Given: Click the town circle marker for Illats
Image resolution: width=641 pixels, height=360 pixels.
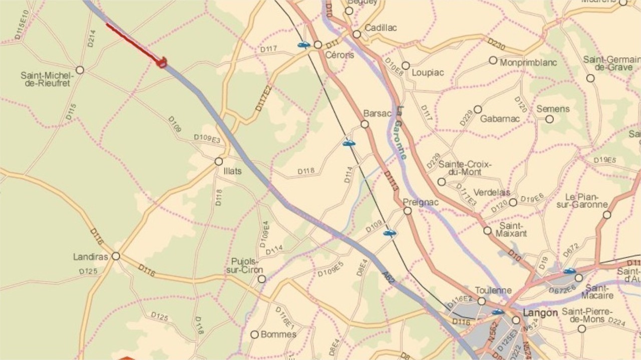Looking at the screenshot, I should pos(218,162).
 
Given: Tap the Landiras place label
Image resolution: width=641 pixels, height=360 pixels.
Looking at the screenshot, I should pos(91,257).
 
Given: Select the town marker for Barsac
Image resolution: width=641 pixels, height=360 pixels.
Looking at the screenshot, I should pos(365,124).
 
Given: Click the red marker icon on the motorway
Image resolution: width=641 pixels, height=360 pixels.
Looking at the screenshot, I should pos(162,63).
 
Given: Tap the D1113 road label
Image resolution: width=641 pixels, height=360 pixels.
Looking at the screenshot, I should pos(392,181).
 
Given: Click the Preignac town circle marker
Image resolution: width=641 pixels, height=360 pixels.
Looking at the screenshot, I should pos(408,211).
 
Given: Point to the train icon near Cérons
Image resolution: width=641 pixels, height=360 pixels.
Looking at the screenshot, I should pos(303,45).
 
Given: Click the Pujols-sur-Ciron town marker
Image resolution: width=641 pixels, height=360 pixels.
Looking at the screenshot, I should pos(261,279).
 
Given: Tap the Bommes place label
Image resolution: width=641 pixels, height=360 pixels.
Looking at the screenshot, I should pos(278,334).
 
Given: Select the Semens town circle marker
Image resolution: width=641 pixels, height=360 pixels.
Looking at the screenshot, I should pos(549,119).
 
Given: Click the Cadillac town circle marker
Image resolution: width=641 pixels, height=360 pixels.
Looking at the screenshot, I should pos(357,35).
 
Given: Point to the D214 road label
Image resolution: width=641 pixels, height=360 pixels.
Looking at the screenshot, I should pos(91,38).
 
